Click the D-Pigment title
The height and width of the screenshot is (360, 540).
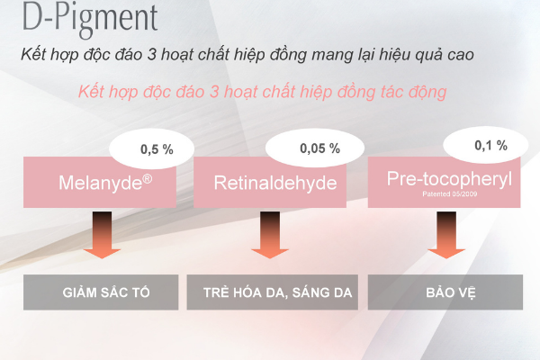tap(90, 19)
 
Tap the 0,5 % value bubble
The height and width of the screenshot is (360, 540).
tap(152, 148)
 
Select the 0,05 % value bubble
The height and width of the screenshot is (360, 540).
tap(315, 148)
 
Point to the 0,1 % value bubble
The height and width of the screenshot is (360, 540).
tap(486, 145)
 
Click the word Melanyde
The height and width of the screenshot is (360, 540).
tap(100, 183)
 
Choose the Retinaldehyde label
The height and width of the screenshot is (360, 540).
tap(275, 183)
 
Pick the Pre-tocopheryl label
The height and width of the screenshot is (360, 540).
tap(449, 179)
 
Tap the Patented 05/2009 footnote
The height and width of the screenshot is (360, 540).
tap(449, 194)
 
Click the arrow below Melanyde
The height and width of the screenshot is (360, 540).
tap(102, 235)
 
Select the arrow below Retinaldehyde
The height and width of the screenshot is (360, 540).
tap(270, 235)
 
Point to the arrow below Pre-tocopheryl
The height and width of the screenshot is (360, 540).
tap(446, 235)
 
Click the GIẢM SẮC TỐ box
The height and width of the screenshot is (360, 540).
tap(101, 292)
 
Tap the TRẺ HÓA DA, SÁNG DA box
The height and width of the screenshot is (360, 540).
tap(273, 292)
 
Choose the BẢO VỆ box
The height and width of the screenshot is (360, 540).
tap(445, 292)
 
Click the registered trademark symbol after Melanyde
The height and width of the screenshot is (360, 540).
tap(148, 179)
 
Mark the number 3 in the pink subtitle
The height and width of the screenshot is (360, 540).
tap(214, 92)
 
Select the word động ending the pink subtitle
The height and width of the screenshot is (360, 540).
tap(427, 93)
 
